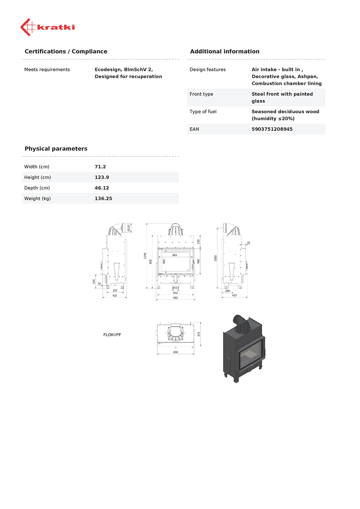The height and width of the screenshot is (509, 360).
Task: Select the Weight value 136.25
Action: (x=103, y=199)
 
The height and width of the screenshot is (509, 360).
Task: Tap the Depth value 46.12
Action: (x=102, y=188)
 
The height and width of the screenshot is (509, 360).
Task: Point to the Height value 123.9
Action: (x=102, y=177)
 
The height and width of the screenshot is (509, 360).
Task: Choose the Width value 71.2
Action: (x=100, y=167)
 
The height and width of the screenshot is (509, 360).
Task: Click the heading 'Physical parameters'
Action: (x=56, y=149)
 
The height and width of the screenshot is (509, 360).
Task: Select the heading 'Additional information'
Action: (x=224, y=52)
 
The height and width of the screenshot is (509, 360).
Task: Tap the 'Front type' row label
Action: (x=201, y=94)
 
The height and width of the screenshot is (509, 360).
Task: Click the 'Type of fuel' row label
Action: (x=203, y=112)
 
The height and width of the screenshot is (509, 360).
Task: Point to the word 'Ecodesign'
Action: (x=108, y=70)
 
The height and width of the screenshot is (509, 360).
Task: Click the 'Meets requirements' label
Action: (x=47, y=70)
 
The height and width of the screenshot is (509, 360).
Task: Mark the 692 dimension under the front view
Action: (x=175, y=298)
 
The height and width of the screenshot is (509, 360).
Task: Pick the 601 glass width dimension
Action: (x=175, y=255)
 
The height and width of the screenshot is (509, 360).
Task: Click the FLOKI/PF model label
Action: (x=112, y=335)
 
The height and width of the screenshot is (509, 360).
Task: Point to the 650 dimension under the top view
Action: (x=175, y=352)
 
